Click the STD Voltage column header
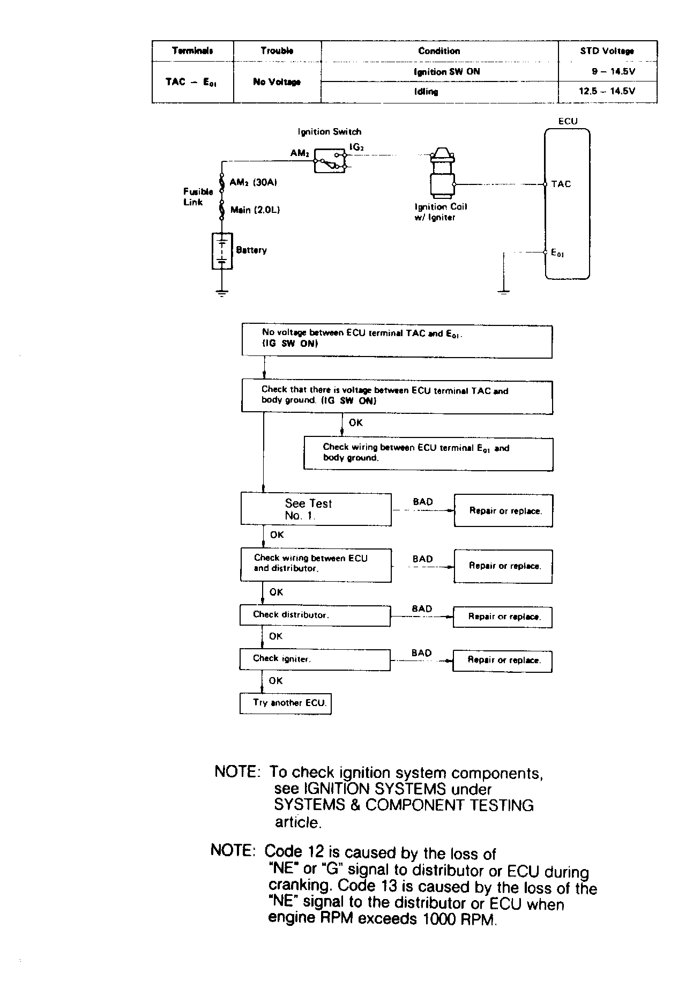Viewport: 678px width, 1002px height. (x=607, y=51)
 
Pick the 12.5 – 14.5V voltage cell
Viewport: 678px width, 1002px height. (x=607, y=92)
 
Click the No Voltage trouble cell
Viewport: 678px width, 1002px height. (x=277, y=82)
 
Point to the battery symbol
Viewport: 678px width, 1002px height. (x=222, y=250)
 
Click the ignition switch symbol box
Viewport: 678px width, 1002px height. (x=330, y=160)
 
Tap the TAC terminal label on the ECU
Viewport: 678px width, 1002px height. (x=561, y=184)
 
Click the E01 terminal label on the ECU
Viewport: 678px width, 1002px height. (x=557, y=253)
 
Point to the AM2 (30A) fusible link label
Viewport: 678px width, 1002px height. (x=253, y=182)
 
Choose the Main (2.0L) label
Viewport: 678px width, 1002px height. (x=255, y=210)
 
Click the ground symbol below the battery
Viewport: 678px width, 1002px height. (x=222, y=293)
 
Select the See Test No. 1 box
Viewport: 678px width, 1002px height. (x=316, y=509)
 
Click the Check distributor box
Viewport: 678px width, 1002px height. (x=315, y=615)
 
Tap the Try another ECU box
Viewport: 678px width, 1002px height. (x=285, y=703)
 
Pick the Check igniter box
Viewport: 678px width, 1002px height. (x=315, y=659)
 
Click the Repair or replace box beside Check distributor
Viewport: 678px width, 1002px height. (x=503, y=617)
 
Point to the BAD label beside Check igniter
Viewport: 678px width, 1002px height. (x=422, y=653)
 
